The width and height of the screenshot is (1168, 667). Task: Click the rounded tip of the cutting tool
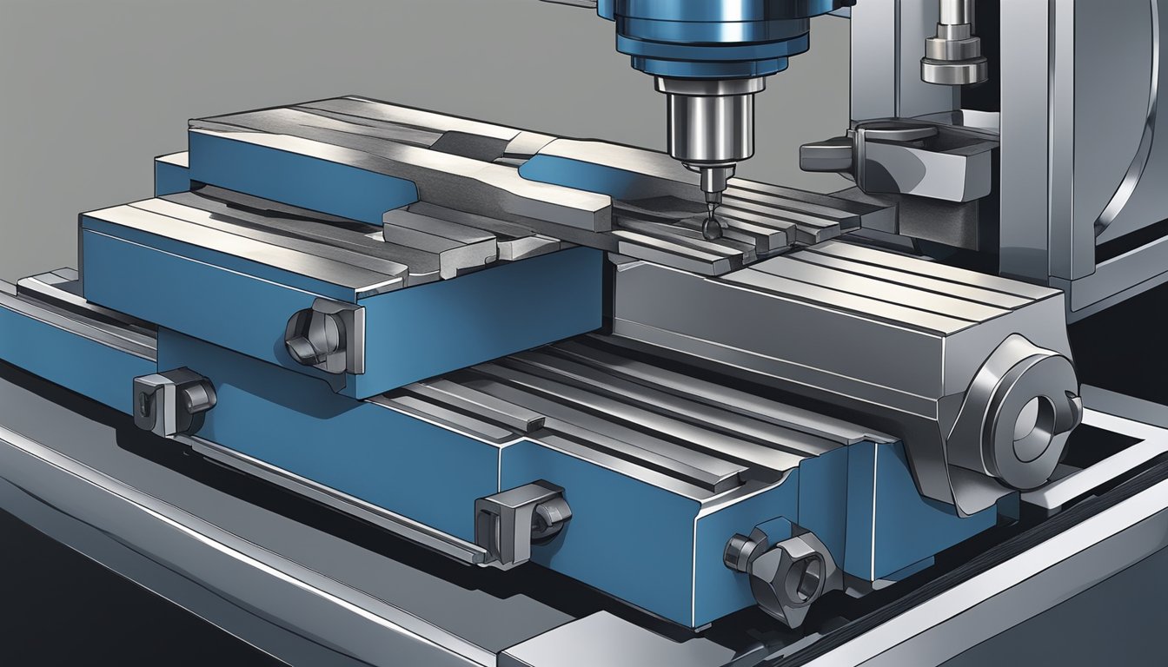pos(713,228)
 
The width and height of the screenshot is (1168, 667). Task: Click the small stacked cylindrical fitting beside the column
pos(954,52)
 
